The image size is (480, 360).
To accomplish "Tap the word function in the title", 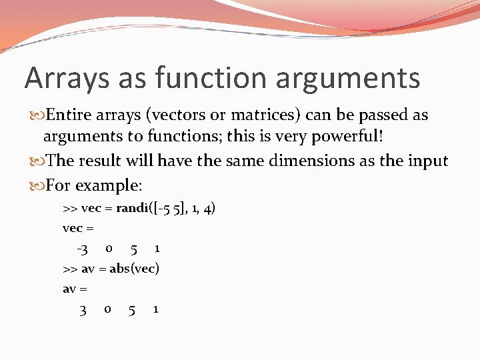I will (211, 77).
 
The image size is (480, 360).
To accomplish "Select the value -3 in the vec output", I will (82, 249).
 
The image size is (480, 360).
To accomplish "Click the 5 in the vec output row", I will (134, 249).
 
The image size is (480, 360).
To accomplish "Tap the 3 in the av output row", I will (83, 310).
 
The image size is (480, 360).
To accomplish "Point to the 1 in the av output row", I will (155, 309).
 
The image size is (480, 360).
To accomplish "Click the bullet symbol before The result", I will (36, 161).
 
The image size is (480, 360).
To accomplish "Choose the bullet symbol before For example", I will (36, 184).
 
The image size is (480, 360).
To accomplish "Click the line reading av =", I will (75, 289).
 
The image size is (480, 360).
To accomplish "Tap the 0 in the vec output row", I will (109, 249).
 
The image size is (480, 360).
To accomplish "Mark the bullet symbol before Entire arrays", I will (36, 115).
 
